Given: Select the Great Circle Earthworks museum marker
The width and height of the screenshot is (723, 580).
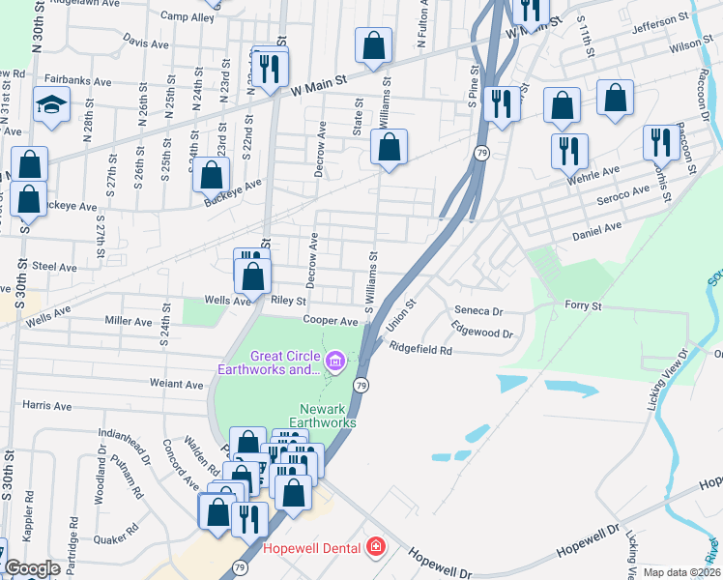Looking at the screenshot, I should [334, 362].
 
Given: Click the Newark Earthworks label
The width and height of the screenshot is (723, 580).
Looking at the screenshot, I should [328, 415].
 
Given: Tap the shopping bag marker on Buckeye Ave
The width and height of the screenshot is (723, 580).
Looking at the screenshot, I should [212, 175].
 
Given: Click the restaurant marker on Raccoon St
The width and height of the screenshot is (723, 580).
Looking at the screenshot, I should [661, 140].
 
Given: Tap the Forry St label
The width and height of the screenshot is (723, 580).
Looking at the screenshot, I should [583, 305].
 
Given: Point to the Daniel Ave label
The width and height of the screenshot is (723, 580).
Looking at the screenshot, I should [596, 231].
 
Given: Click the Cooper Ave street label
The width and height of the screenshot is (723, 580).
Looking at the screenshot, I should [330, 321].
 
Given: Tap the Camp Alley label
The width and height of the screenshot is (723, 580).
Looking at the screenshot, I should [188, 17].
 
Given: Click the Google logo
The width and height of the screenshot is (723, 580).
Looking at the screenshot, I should [32, 568].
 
